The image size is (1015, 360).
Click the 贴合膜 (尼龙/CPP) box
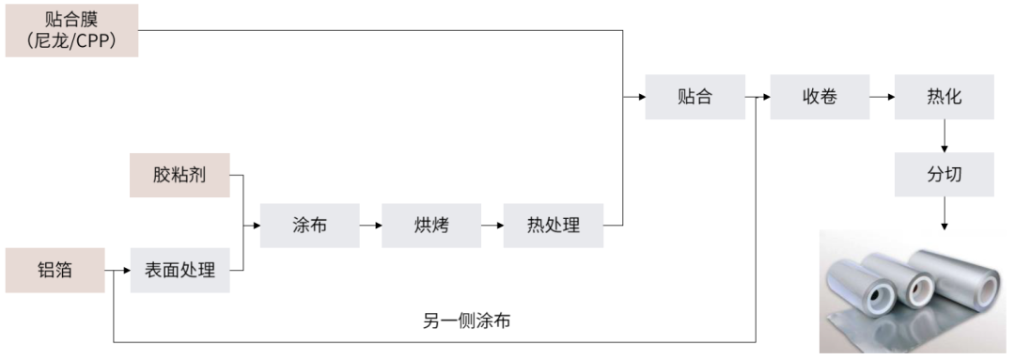pos(71,30)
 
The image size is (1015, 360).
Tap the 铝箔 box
pos(55,271)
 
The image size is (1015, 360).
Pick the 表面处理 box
pos(180,271)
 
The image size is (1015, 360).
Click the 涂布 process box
pos(309,226)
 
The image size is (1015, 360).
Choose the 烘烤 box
pos(431,226)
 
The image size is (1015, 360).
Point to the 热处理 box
pos(554,226)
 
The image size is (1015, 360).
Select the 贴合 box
pos(695,96)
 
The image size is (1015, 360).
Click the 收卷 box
pos(820,96)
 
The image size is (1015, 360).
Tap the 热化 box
pos(944,96)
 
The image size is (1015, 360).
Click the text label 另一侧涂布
pos(467,321)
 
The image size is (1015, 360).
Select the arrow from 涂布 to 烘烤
pos(370,226)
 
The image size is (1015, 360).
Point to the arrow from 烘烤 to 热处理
pos(492,226)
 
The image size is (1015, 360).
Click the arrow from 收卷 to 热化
pos(882,96)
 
